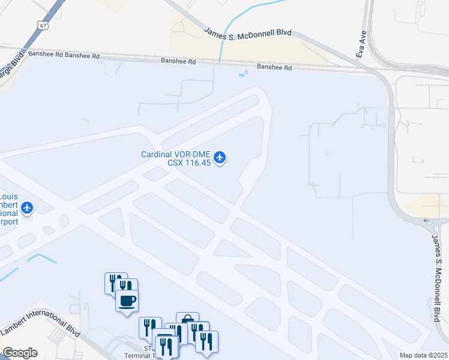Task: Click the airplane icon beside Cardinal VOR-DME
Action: [220, 157]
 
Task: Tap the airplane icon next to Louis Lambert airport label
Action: [27, 208]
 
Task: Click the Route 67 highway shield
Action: [40, 25]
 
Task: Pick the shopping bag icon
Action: [187, 322]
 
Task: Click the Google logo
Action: [20, 353]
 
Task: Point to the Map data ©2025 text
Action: [424, 355]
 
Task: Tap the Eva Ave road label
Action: [361, 45]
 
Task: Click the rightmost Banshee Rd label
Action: [274, 67]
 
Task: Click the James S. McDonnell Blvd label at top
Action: [248, 37]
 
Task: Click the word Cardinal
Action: [157, 154]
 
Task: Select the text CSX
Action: [175, 163]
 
